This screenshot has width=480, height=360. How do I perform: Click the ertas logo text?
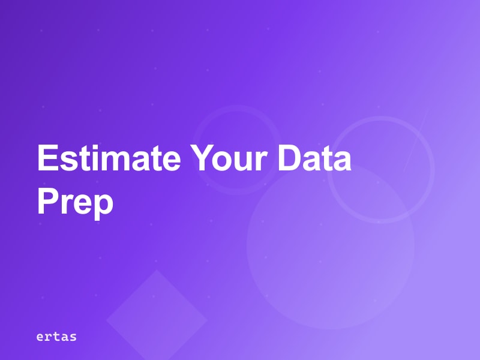56,337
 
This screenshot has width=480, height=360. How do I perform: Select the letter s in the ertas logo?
73,337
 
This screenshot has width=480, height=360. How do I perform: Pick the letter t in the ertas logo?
56,337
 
